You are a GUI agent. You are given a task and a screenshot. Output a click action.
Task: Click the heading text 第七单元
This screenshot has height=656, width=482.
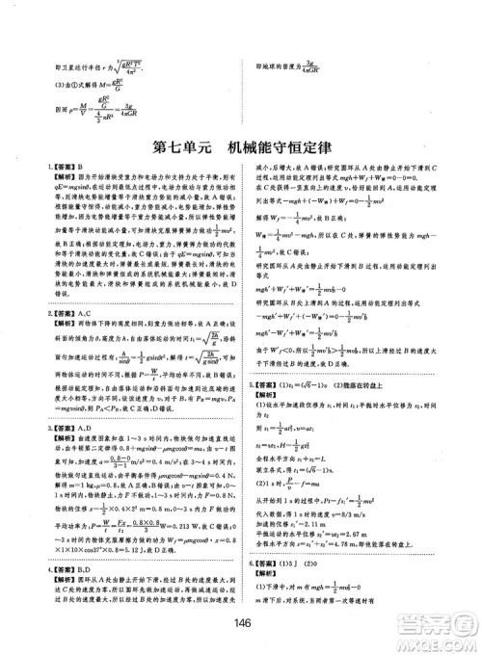pyautogui.click(x=182, y=149)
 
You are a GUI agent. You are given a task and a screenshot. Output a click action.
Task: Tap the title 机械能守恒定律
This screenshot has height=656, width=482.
pyautogui.click(x=279, y=149)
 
